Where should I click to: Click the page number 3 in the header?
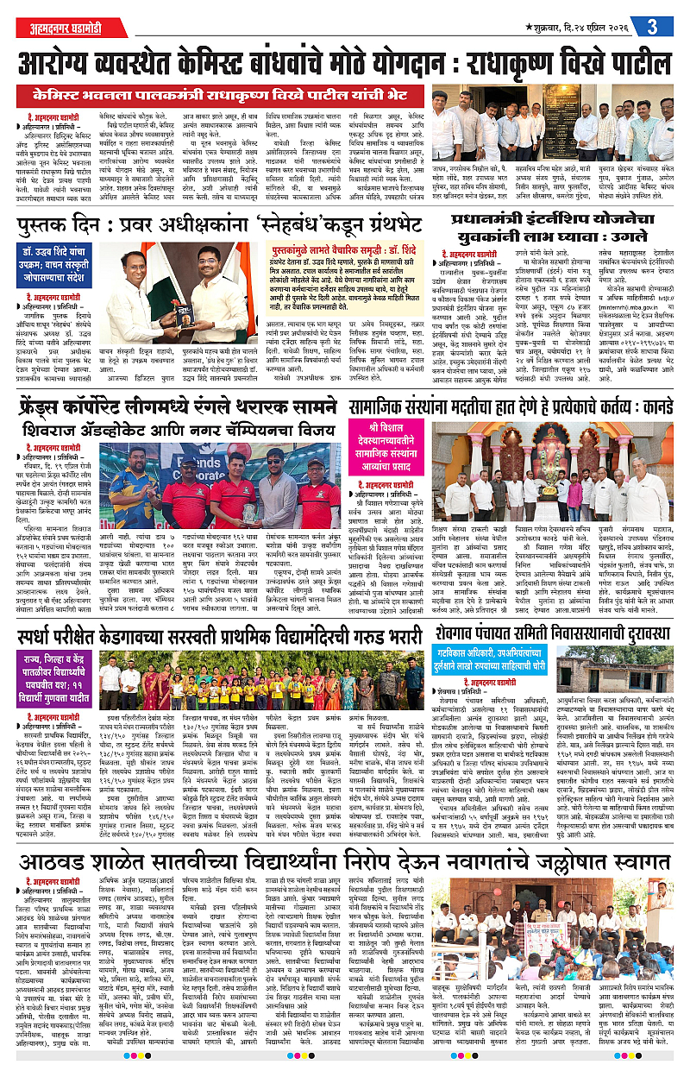tap(664, 27)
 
